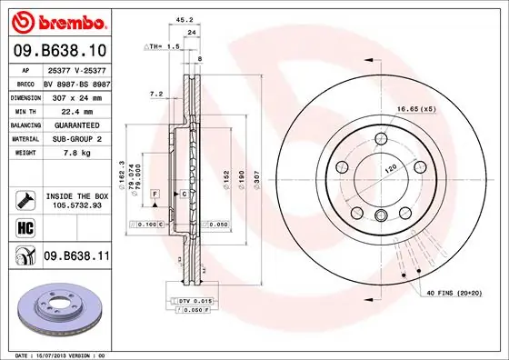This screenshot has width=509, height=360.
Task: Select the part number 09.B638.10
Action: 59,51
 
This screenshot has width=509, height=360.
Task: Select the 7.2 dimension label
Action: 155,94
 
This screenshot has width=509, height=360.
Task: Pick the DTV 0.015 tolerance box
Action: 195,301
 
